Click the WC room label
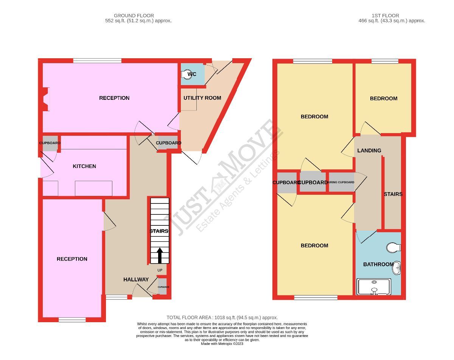[x=192, y=74]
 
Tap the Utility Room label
[x=202, y=98]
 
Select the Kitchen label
[x=84, y=166]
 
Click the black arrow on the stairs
[x=159, y=255]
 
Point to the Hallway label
[x=136, y=279]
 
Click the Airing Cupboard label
[x=341, y=182]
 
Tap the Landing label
[x=369, y=151]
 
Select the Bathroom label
[x=378, y=264]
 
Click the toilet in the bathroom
[x=394, y=248]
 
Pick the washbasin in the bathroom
[x=396, y=268]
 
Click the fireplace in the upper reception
[x=45, y=99]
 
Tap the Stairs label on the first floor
[x=393, y=194]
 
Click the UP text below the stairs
[x=160, y=270]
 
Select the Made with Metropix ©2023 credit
[x=222, y=344]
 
